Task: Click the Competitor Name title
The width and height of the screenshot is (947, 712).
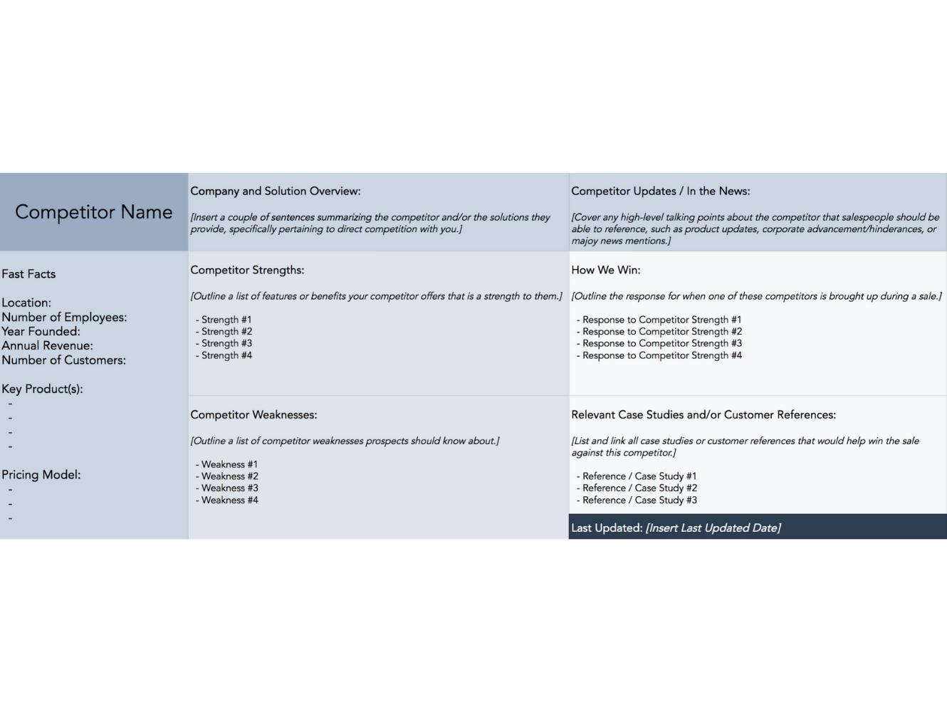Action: (x=93, y=212)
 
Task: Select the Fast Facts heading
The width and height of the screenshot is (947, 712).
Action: (x=28, y=274)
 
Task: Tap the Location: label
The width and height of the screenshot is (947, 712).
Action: (x=26, y=303)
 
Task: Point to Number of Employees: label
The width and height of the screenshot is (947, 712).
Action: (x=64, y=317)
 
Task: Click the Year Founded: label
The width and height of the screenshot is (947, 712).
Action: (x=41, y=331)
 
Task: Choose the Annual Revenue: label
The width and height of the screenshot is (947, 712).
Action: (x=47, y=345)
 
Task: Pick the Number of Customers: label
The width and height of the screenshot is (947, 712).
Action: (x=63, y=360)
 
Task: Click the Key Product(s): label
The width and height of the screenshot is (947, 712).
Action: (x=42, y=389)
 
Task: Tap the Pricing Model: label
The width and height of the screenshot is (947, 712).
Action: (x=41, y=475)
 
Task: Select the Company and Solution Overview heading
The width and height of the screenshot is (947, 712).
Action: (x=275, y=191)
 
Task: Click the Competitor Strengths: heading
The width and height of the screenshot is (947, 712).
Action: (x=247, y=270)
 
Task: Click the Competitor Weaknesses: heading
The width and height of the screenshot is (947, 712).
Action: (x=253, y=414)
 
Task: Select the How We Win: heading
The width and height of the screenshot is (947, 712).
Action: (x=605, y=270)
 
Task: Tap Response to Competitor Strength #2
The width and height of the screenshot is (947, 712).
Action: (x=661, y=331)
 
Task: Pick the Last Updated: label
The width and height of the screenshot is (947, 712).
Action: (x=607, y=528)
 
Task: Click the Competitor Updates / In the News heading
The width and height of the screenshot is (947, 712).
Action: (x=660, y=191)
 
